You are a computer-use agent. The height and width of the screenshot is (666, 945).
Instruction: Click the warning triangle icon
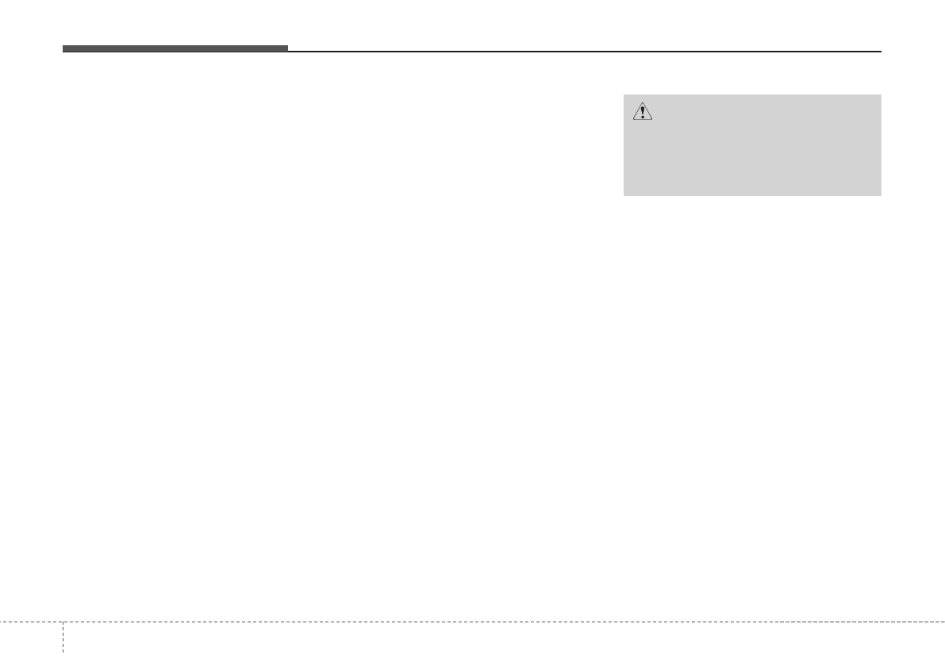pyautogui.click(x=642, y=113)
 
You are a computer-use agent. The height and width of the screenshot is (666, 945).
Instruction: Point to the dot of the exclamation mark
pyautogui.click(x=642, y=117)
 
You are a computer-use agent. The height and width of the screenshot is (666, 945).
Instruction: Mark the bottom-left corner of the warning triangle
pyautogui.click(x=632, y=120)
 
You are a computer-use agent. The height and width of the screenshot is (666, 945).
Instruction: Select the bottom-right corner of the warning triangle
pyautogui.click(x=652, y=120)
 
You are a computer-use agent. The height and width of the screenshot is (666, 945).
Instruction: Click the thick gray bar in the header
pyautogui.click(x=175, y=48)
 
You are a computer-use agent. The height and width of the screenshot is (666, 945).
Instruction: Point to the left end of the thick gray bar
pyautogui.click(x=63, y=48)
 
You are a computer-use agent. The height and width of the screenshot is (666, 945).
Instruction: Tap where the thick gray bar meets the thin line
pyautogui.click(x=287, y=50)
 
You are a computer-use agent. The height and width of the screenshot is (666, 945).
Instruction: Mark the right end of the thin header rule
pyautogui.click(x=881, y=52)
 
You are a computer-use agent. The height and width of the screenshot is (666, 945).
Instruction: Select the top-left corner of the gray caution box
pyautogui.click(x=624, y=95)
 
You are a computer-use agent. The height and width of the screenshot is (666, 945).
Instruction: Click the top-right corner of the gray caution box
pyautogui.click(x=881, y=95)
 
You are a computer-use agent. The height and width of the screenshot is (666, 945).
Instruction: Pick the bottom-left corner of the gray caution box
pyautogui.click(x=624, y=195)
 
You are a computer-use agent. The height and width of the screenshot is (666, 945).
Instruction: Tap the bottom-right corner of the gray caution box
pyautogui.click(x=881, y=195)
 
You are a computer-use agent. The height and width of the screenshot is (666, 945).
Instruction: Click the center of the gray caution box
pyautogui.click(x=752, y=145)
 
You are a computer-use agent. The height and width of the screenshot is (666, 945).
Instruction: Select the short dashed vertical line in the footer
pyautogui.click(x=62, y=639)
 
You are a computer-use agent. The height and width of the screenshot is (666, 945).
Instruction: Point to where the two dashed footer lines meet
pyautogui.click(x=62, y=622)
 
